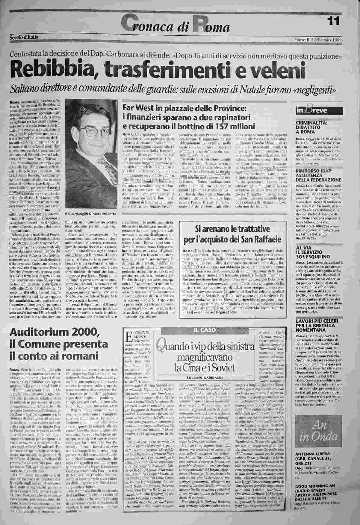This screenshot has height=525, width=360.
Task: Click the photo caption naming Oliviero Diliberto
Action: [x=90, y=214]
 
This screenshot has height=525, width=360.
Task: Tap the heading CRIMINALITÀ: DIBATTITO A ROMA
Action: [x=311, y=127]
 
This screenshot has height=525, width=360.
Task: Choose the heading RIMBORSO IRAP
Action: [x=314, y=171]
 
